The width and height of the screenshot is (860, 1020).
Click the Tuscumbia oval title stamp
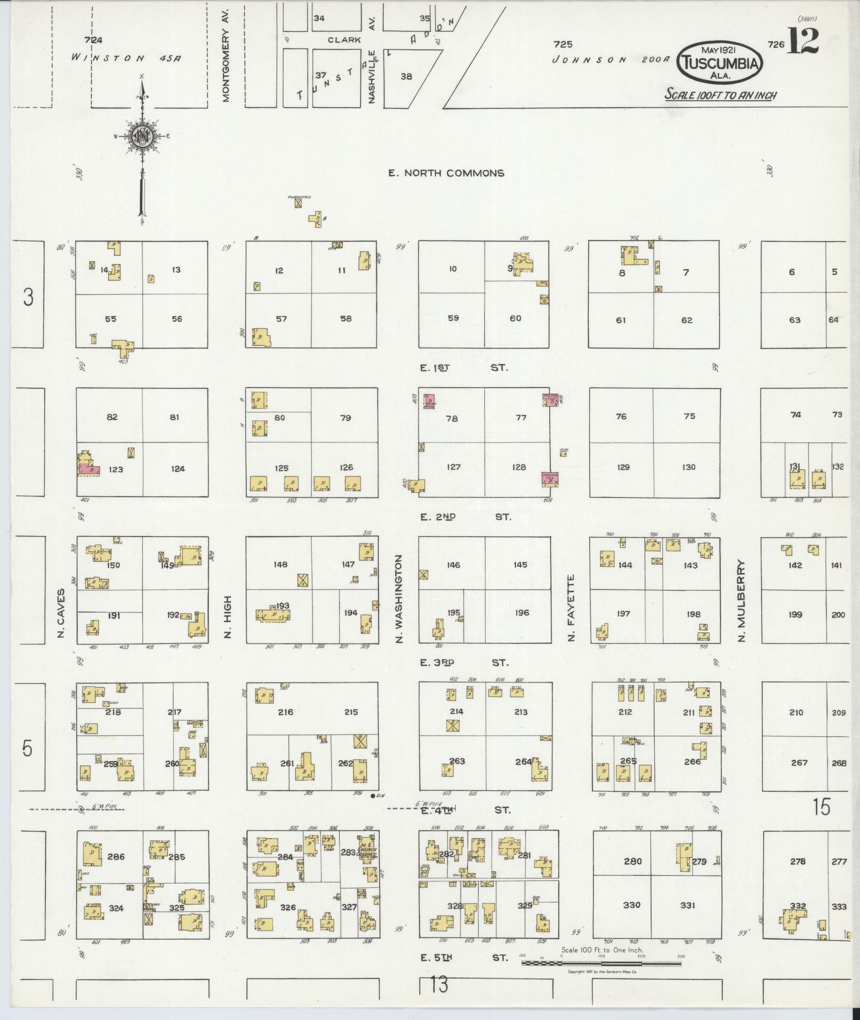(719, 62)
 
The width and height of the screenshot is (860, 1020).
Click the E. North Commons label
(446, 173)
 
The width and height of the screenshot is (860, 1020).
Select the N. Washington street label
(400, 598)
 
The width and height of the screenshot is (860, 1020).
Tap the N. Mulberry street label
(742, 600)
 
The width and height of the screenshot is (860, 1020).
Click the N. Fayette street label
(571, 607)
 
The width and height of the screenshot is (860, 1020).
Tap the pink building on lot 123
(89, 470)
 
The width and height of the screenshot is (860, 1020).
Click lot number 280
(632, 861)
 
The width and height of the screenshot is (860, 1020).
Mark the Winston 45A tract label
(126, 58)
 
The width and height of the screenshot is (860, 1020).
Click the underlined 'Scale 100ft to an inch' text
(720, 95)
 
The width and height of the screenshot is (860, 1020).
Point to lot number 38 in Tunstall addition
(406, 77)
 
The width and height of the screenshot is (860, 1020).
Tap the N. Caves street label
(61, 613)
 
